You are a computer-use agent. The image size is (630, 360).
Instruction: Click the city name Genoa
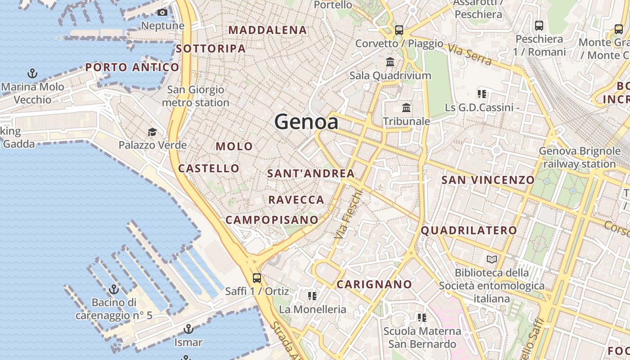click(x=306, y=122)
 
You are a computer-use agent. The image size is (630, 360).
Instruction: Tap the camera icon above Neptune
click(x=162, y=13)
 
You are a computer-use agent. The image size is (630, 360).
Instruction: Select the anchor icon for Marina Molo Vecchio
click(x=32, y=73)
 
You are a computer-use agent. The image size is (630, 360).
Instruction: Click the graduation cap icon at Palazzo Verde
click(x=153, y=132)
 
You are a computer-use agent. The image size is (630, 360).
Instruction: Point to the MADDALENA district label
click(x=268, y=30)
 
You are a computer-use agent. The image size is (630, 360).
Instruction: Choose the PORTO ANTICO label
click(x=132, y=67)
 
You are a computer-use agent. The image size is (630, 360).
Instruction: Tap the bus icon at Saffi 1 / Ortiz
click(x=257, y=278)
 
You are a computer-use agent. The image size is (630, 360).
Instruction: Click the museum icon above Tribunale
click(x=406, y=108)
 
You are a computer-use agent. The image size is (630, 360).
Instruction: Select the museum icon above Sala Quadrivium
click(x=390, y=62)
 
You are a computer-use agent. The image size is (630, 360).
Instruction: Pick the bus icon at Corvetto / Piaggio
click(x=399, y=30)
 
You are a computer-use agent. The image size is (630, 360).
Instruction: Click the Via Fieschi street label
click(x=349, y=214)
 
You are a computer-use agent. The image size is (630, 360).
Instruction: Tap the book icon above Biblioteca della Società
click(x=492, y=259)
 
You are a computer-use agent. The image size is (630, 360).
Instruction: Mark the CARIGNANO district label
click(x=374, y=284)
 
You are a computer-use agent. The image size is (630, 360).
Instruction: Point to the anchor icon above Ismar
click(x=189, y=329)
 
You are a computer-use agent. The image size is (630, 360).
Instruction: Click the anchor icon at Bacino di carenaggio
click(x=114, y=289)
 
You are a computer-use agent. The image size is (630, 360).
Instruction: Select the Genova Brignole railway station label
click(x=580, y=157)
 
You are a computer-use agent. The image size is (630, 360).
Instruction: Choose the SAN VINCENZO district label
click(x=488, y=180)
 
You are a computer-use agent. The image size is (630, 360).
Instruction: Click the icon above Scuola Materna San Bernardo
click(x=422, y=318)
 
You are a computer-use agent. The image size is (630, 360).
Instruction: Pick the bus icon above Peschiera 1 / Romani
click(x=539, y=26)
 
